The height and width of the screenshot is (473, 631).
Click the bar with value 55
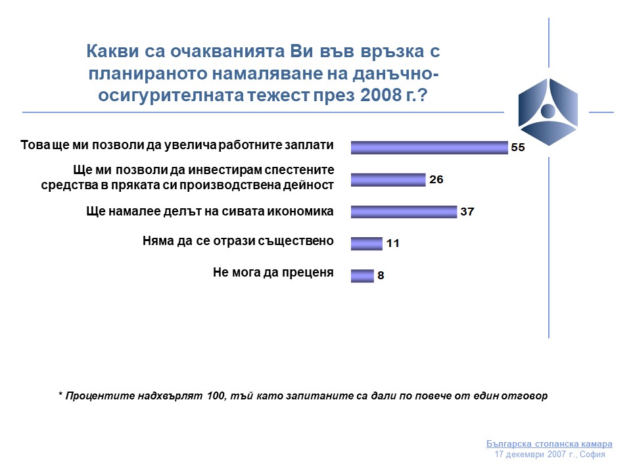click(429, 148)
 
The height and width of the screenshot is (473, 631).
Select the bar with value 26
click(388, 180)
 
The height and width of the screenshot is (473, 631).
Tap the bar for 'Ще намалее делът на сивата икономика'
click(404, 212)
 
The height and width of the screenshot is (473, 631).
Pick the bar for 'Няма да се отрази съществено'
click(367, 244)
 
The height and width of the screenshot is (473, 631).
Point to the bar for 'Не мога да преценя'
click(362, 275)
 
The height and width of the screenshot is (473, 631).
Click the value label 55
click(518, 148)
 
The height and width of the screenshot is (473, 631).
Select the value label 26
click(436, 179)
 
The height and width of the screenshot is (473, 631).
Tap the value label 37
click(467, 212)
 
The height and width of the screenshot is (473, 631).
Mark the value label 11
click(393, 243)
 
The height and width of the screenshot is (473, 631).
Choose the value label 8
click(381, 275)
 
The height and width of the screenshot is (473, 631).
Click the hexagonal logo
click(548, 112)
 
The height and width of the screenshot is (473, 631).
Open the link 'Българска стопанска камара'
click(549, 443)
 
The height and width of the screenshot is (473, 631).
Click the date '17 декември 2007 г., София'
click(549, 455)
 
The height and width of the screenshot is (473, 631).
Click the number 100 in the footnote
click(216, 395)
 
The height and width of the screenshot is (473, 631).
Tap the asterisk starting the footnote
click(60, 394)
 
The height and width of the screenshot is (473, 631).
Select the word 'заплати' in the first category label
click(310, 145)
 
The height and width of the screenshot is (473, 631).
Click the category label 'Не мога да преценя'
click(273, 273)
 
